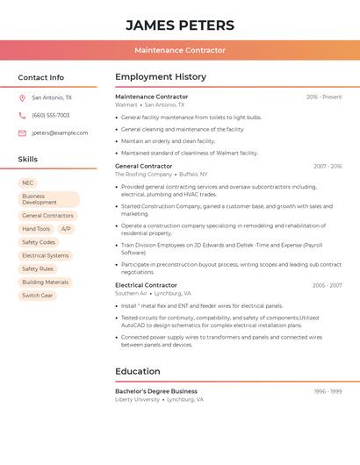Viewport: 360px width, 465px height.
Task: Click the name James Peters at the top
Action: click(x=180, y=25)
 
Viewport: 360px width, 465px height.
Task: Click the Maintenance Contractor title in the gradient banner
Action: click(x=180, y=50)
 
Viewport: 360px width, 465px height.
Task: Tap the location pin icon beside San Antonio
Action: click(x=22, y=97)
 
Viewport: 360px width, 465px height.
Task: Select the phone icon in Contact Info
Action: click(x=22, y=115)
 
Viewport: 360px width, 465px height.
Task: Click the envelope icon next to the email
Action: click(x=22, y=132)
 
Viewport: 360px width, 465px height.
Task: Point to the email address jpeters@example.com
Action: click(x=60, y=132)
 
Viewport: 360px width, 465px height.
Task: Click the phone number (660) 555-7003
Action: click(x=51, y=115)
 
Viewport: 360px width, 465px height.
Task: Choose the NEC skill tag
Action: click(x=28, y=183)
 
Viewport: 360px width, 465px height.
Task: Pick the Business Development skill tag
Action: click(x=48, y=199)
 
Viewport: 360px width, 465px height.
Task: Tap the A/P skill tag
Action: click(x=67, y=229)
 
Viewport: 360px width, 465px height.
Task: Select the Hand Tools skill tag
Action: click(x=36, y=229)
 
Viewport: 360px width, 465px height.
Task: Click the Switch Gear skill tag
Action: click(x=38, y=296)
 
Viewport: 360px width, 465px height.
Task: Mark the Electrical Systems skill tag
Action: click(x=46, y=255)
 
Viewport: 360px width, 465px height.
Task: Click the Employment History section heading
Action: click(x=161, y=76)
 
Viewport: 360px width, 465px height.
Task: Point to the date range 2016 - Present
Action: click(x=324, y=97)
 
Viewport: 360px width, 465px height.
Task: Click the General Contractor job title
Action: click(x=144, y=166)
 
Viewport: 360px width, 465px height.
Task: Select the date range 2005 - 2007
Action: click(x=327, y=285)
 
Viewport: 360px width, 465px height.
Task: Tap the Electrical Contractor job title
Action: click(x=146, y=285)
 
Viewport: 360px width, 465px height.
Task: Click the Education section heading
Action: click(x=138, y=371)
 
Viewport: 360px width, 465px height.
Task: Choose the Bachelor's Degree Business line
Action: click(x=156, y=391)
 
